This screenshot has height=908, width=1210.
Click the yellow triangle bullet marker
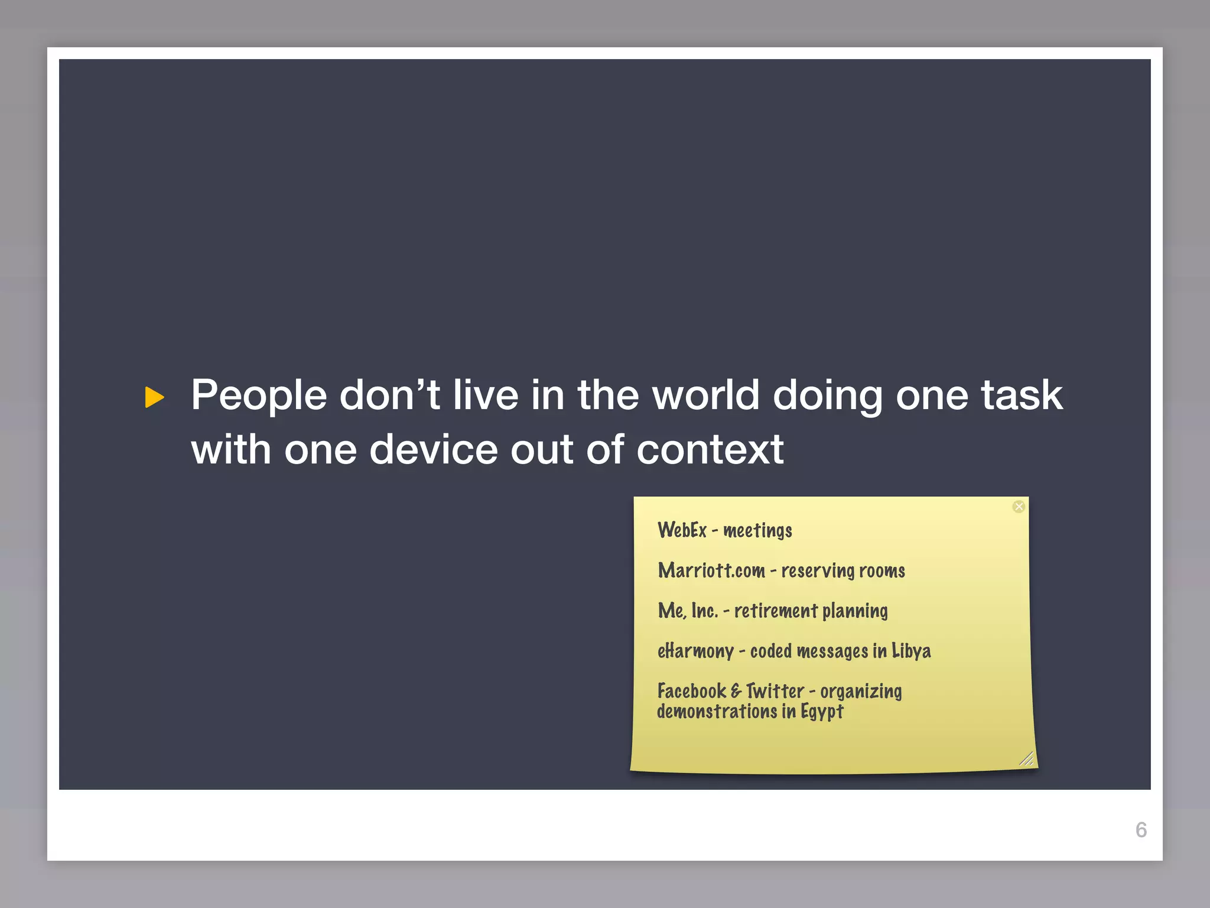pyautogui.click(x=154, y=397)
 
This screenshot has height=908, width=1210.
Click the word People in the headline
pyautogui.click(x=258, y=395)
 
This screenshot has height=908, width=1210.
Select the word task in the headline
pyautogui.click(x=1022, y=395)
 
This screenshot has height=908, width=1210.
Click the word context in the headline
pyautogui.click(x=710, y=450)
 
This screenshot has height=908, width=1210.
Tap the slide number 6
pyautogui.click(x=1141, y=830)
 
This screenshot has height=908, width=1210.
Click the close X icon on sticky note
pyautogui.click(x=1019, y=507)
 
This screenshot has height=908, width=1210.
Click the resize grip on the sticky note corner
pyautogui.click(x=1026, y=758)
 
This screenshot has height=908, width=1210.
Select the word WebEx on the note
pyautogui.click(x=682, y=530)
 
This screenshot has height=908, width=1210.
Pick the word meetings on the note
pyautogui.click(x=757, y=531)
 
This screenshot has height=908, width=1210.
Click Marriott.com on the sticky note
pyautogui.click(x=711, y=570)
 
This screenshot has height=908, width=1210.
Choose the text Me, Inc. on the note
pyautogui.click(x=688, y=611)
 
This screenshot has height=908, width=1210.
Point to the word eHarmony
pyautogui.click(x=695, y=651)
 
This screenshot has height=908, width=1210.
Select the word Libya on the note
pyautogui.click(x=911, y=651)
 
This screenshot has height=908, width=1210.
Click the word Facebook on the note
pyautogui.click(x=691, y=691)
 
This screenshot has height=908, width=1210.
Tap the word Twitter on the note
pyautogui.click(x=775, y=691)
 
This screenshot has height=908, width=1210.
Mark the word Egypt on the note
pyautogui.click(x=821, y=712)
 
